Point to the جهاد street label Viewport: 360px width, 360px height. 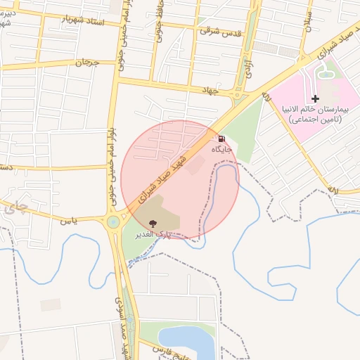pos(211,90)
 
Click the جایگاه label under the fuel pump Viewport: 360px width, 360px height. pos(223,149)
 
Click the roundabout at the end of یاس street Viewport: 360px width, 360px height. pos(112,224)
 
